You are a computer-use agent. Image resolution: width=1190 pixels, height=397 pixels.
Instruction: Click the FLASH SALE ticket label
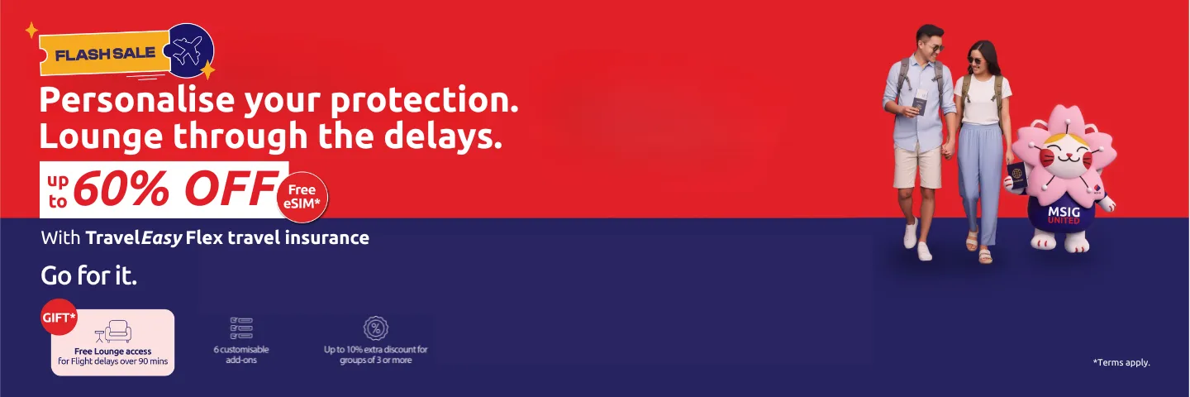pyautogui.click(x=105, y=54)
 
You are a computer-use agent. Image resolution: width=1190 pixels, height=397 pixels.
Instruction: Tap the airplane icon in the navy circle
pyautogui.click(x=188, y=51)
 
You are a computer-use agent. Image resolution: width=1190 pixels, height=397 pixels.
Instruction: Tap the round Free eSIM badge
pyautogui.click(x=302, y=197)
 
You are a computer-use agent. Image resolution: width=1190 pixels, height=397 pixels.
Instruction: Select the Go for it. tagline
pyautogui.click(x=89, y=275)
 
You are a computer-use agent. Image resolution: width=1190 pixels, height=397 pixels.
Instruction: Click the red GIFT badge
pyautogui.click(x=59, y=317)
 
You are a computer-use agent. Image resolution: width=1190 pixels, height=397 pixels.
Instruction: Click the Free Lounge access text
pyautogui.click(x=112, y=352)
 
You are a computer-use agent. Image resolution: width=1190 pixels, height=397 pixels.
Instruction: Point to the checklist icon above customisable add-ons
pyautogui.click(x=241, y=328)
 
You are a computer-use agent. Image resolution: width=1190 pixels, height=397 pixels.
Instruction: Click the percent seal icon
pyautogui.click(x=376, y=328)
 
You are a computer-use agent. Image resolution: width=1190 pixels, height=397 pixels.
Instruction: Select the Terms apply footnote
pyautogui.click(x=1121, y=362)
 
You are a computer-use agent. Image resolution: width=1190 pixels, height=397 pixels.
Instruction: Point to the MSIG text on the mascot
pyautogui.click(x=1064, y=212)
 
